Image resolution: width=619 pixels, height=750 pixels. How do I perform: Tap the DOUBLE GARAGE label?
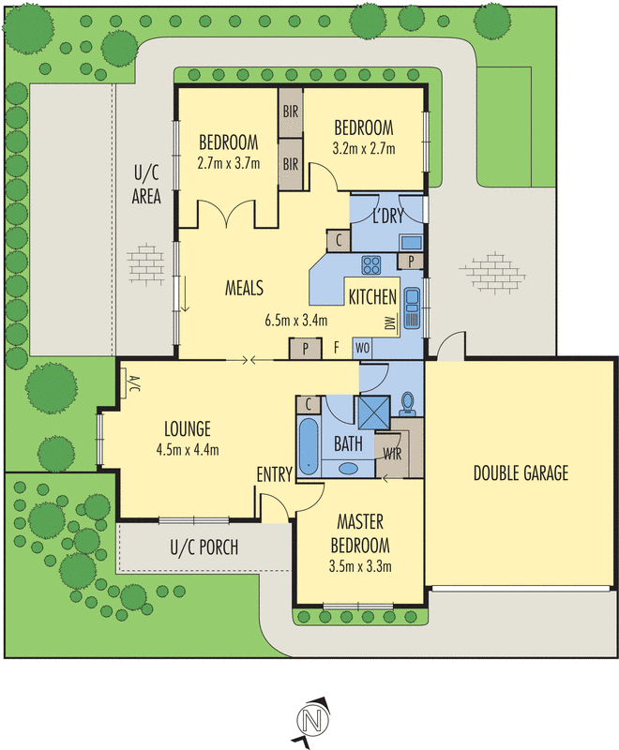[521, 473]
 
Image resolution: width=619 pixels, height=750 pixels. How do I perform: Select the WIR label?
[393, 455]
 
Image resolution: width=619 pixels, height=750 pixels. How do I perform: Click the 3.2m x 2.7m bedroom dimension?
[364, 148]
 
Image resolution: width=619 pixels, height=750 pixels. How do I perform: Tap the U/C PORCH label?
[204, 547]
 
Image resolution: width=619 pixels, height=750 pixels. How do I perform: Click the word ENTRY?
[274, 475]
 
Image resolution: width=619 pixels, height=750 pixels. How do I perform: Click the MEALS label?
[243, 287]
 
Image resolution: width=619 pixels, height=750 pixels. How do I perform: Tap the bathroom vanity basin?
[349, 468]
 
